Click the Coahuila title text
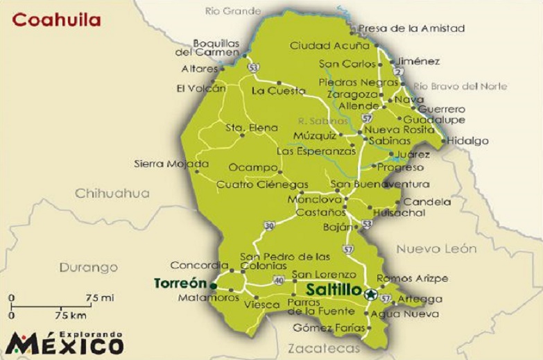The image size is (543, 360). tap(56, 19)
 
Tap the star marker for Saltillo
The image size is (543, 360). tap(370, 293)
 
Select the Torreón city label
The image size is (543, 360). tap(180, 284)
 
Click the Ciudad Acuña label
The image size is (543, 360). tap(329, 46)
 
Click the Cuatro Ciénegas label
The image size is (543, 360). tap(262, 185)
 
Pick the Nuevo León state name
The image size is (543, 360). tap(436, 248)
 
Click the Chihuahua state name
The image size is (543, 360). tap(112, 194)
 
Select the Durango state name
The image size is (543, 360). tap(88, 267)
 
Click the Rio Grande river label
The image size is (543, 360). tap(234, 10)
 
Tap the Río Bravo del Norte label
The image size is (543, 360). tap(460, 87)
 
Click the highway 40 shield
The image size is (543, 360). tap(279, 280)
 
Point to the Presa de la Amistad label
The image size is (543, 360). tap(412, 28)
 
